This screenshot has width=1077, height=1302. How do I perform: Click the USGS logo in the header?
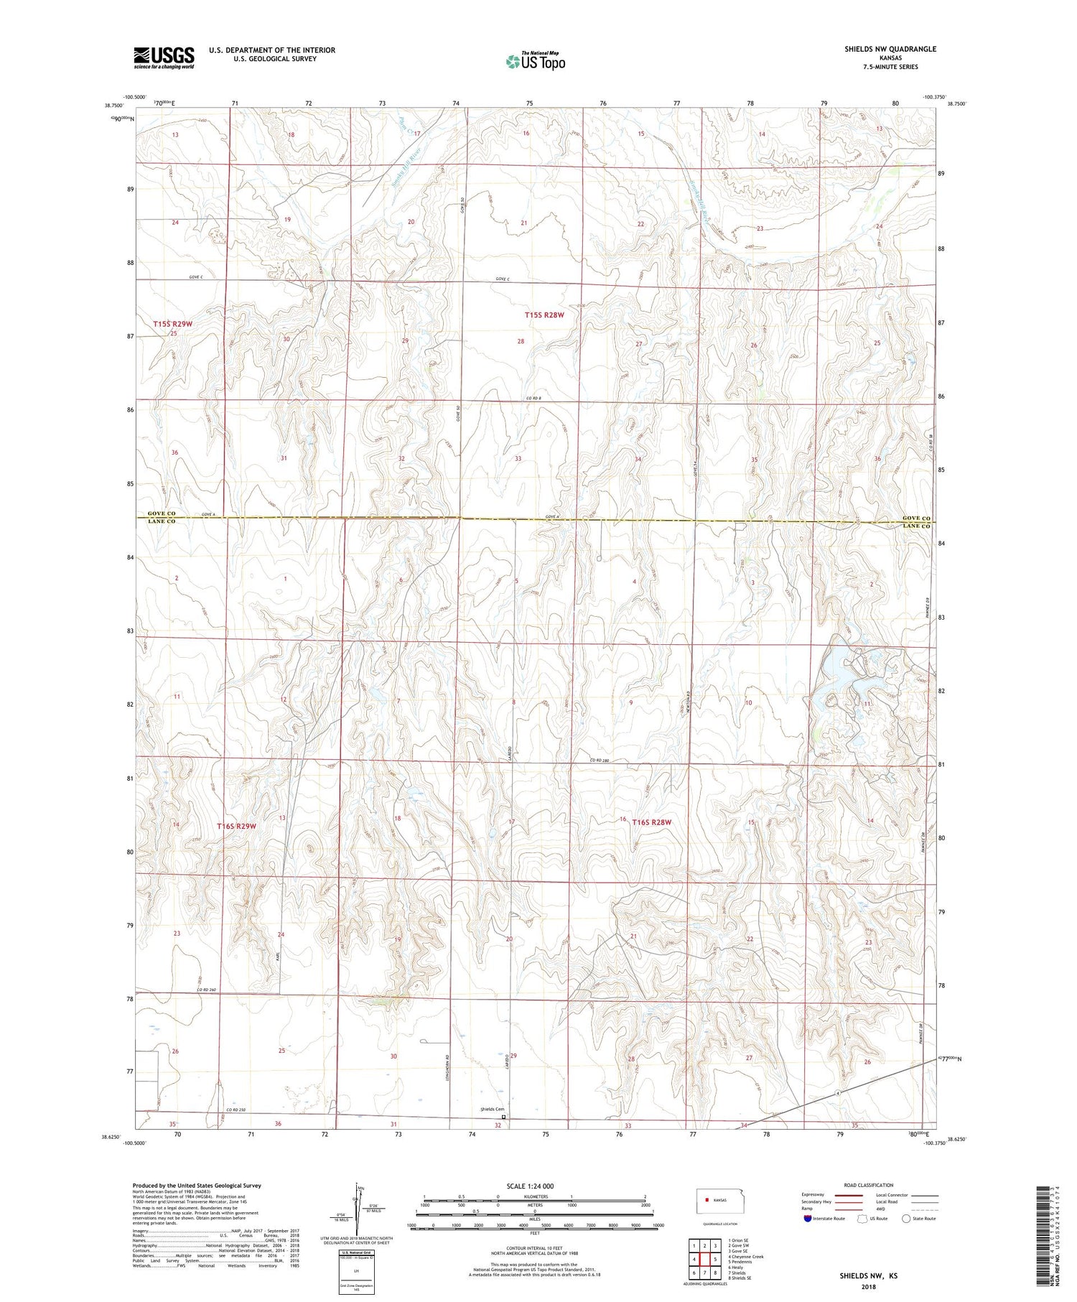(164, 57)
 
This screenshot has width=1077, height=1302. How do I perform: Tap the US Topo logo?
(535, 62)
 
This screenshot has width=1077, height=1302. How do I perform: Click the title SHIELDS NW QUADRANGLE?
(890, 49)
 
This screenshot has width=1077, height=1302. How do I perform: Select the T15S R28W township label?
(544, 315)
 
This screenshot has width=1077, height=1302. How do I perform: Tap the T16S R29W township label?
(236, 827)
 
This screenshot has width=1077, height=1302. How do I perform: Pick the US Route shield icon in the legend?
(863, 1219)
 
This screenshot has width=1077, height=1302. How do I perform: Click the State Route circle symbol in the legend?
(907, 1219)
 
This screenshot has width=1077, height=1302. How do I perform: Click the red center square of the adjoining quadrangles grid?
(705, 1259)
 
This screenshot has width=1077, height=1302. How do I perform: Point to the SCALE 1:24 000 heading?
(530, 1186)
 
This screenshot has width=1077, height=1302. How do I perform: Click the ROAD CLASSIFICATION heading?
(869, 1185)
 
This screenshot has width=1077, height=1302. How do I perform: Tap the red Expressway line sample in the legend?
(852, 1195)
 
